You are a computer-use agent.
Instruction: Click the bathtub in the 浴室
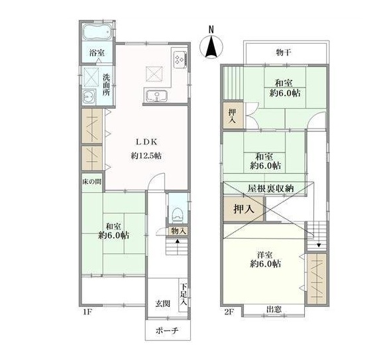97,32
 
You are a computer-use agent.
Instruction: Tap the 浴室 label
97,52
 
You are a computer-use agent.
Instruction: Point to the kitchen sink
156,96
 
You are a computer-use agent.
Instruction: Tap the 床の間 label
91,182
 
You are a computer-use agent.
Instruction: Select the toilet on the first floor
178,215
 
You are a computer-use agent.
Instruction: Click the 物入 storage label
178,231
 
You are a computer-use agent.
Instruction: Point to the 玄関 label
162,304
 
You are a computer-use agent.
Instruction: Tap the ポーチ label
167,330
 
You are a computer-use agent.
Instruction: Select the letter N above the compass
211,29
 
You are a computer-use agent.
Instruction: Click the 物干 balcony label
284,52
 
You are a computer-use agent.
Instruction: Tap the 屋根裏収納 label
270,188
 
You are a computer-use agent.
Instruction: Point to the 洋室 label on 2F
265,255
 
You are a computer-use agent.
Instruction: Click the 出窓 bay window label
274,310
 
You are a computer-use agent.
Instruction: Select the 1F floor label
87,312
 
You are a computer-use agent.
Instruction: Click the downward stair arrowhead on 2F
319,245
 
